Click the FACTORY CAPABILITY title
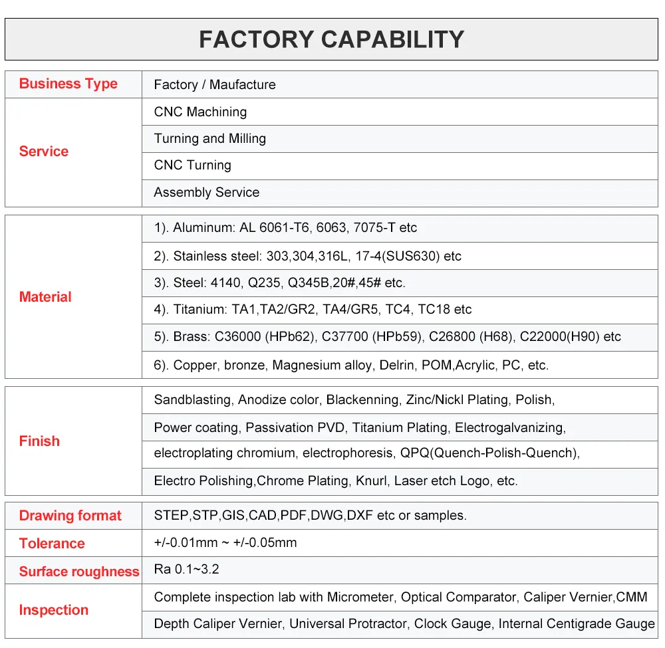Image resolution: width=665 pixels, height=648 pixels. (332, 39)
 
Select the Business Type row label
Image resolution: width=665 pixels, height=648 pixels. (68, 84)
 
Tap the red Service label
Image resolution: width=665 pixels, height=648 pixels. (44, 152)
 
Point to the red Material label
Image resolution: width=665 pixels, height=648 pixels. (45, 296)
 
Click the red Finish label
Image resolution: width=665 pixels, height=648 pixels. (39, 441)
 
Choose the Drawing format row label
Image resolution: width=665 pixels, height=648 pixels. (70, 515)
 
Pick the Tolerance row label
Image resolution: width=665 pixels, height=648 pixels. (52, 543)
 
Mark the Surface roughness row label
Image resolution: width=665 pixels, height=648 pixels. (79, 572)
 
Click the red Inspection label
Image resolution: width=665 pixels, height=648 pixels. (54, 610)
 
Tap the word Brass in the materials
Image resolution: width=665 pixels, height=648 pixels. (192, 336)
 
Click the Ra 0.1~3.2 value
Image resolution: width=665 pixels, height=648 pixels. (187, 569)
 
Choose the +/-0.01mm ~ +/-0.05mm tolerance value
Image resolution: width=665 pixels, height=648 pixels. (225, 542)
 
